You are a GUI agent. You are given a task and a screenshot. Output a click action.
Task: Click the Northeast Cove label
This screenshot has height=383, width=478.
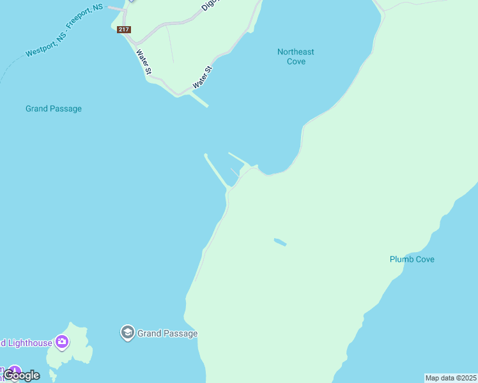click(x=296, y=57)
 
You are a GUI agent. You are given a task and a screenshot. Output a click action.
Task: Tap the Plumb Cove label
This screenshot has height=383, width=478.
click(x=412, y=259)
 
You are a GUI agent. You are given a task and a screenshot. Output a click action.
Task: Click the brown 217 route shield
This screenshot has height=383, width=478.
click(x=124, y=29)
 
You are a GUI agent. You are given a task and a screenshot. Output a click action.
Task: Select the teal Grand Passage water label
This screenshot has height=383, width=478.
click(x=54, y=109)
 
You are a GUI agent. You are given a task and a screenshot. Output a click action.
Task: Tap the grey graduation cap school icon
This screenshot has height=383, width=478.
click(x=127, y=333)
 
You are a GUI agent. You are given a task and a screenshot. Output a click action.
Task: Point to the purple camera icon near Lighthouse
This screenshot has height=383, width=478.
click(x=62, y=343)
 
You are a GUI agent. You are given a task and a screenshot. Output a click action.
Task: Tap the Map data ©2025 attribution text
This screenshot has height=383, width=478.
click(x=451, y=378)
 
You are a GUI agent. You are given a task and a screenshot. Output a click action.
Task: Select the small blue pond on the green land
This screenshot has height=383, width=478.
click(x=280, y=242)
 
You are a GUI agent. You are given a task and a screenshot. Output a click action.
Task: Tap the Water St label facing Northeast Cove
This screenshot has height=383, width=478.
click(x=203, y=77)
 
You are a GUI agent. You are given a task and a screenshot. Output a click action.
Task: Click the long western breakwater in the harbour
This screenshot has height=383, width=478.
click(x=215, y=171)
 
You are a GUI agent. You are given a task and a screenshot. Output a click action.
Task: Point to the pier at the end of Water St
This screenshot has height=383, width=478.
click(x=200, y=100)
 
